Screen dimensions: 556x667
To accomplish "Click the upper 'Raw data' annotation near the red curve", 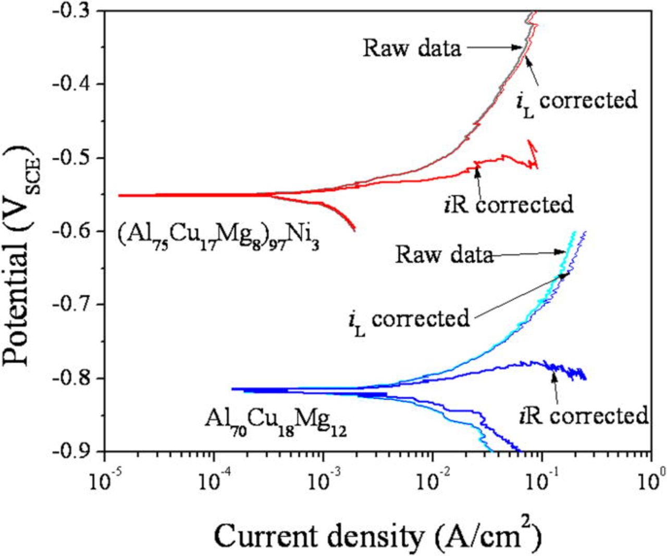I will [x=412, y=48].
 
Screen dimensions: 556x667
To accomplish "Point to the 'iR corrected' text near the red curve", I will [x=509, y=205].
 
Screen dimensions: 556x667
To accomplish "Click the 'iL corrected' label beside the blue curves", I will [x=409, y=319].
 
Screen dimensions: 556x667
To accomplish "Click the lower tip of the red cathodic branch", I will [x=354, y=230].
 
